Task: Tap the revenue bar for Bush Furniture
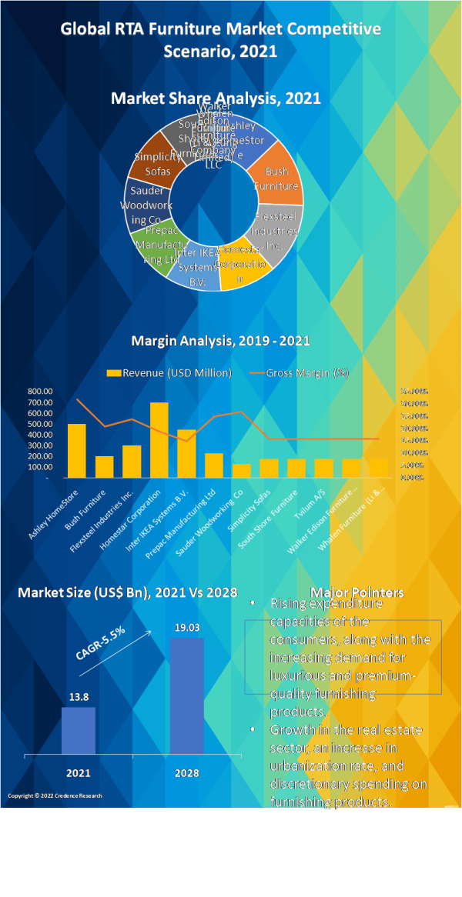point(105,467)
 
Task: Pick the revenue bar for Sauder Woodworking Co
point(242,471)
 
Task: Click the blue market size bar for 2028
point(187,696)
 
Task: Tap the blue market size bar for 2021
point(79,731)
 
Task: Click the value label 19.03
point(187,628)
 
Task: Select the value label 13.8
point(79,697)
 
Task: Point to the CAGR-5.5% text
point(100,643)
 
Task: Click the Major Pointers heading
point(357,592)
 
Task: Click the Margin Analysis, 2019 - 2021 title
point(221,341)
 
